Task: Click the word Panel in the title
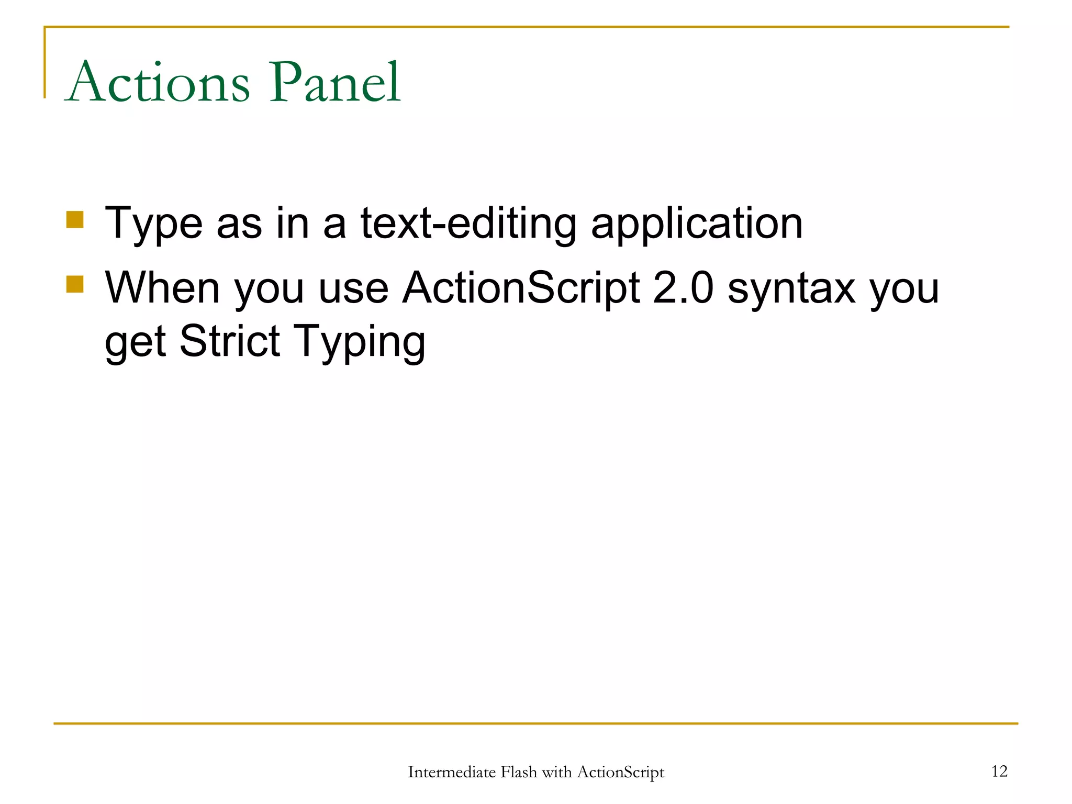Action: pos(335,83)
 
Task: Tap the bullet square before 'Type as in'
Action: pos(75,220)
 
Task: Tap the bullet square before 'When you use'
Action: pos(75,284)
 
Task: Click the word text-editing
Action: pos(468,224)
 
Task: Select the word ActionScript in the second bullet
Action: pos(521,289)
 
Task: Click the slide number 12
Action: pos(999,771)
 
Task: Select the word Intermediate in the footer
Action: pos(451,772)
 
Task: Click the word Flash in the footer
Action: pos(518,772)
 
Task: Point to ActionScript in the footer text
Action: pos(620,772)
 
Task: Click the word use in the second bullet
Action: pos(353,289)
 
